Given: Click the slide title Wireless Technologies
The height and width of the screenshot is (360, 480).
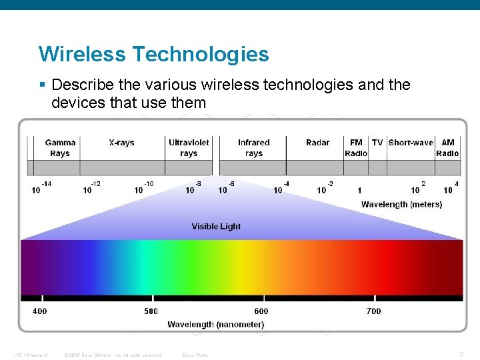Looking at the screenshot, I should coord(153,54).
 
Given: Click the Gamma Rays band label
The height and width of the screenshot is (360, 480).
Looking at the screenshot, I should coord(60,148).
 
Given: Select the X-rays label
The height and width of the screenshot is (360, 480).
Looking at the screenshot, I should coord(121,143).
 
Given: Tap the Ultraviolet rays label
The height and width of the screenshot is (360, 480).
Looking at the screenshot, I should coord(189,148).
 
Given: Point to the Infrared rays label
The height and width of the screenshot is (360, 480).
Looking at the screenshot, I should coord(253,148).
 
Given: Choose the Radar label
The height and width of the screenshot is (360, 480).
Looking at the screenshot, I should coord(317,143).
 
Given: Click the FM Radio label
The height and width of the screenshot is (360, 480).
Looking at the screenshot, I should coord(356,148).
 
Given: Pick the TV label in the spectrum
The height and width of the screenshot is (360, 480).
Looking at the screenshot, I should coord(377,143).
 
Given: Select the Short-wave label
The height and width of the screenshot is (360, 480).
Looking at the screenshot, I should coord(411,143).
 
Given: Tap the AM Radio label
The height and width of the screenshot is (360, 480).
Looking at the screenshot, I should coord(447,148).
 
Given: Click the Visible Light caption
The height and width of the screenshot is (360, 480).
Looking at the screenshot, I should coord(216,227).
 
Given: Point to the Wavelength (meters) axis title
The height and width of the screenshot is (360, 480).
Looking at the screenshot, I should coord(401,204).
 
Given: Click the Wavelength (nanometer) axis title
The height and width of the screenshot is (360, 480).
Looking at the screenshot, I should coord(215,325).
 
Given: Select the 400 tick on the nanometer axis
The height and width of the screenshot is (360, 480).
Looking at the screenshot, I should coord(40,311).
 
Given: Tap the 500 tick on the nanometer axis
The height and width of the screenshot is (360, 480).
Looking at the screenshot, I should coord(151,311).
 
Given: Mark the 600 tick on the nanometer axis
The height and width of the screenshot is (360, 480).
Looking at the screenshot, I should coord(261,311).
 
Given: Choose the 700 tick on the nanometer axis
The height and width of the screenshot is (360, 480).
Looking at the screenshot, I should coord(374,311).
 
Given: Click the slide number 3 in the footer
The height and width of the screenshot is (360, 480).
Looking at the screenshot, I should coord(461,354).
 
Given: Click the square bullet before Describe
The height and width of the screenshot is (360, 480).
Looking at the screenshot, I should coord(42,86).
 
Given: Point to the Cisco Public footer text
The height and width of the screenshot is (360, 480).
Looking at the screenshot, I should coord(195,355).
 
